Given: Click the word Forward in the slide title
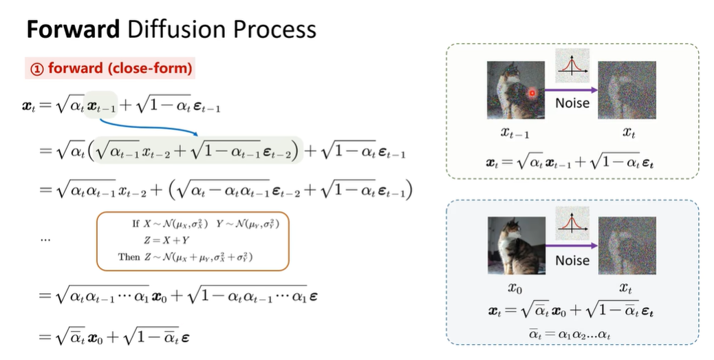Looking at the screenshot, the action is tap(73, 29).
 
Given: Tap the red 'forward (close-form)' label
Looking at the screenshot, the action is tap(110, 68).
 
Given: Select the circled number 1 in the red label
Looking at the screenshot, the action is tap(37, 69).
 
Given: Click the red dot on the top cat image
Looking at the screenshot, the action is tap(532, 94).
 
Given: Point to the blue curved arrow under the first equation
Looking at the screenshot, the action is tap(145, 128).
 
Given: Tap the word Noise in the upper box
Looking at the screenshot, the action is tap(572, 103).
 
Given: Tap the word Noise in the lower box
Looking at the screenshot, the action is tap(572, 260).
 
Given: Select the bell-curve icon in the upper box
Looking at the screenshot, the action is tap(572, 65).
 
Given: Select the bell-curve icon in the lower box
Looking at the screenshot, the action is tap(572, 223).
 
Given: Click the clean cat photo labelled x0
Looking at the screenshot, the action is tap(517, 246).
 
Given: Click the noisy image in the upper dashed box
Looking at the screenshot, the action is tap(627, 90).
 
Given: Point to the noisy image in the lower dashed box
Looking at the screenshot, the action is tap(627, 246).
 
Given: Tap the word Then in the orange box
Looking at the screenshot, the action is tap(129, 257).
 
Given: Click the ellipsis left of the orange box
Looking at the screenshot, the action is tap(45, 240).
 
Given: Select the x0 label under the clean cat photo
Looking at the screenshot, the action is tap(515, 288).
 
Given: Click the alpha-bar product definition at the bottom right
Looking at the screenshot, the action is tap(569, 334).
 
